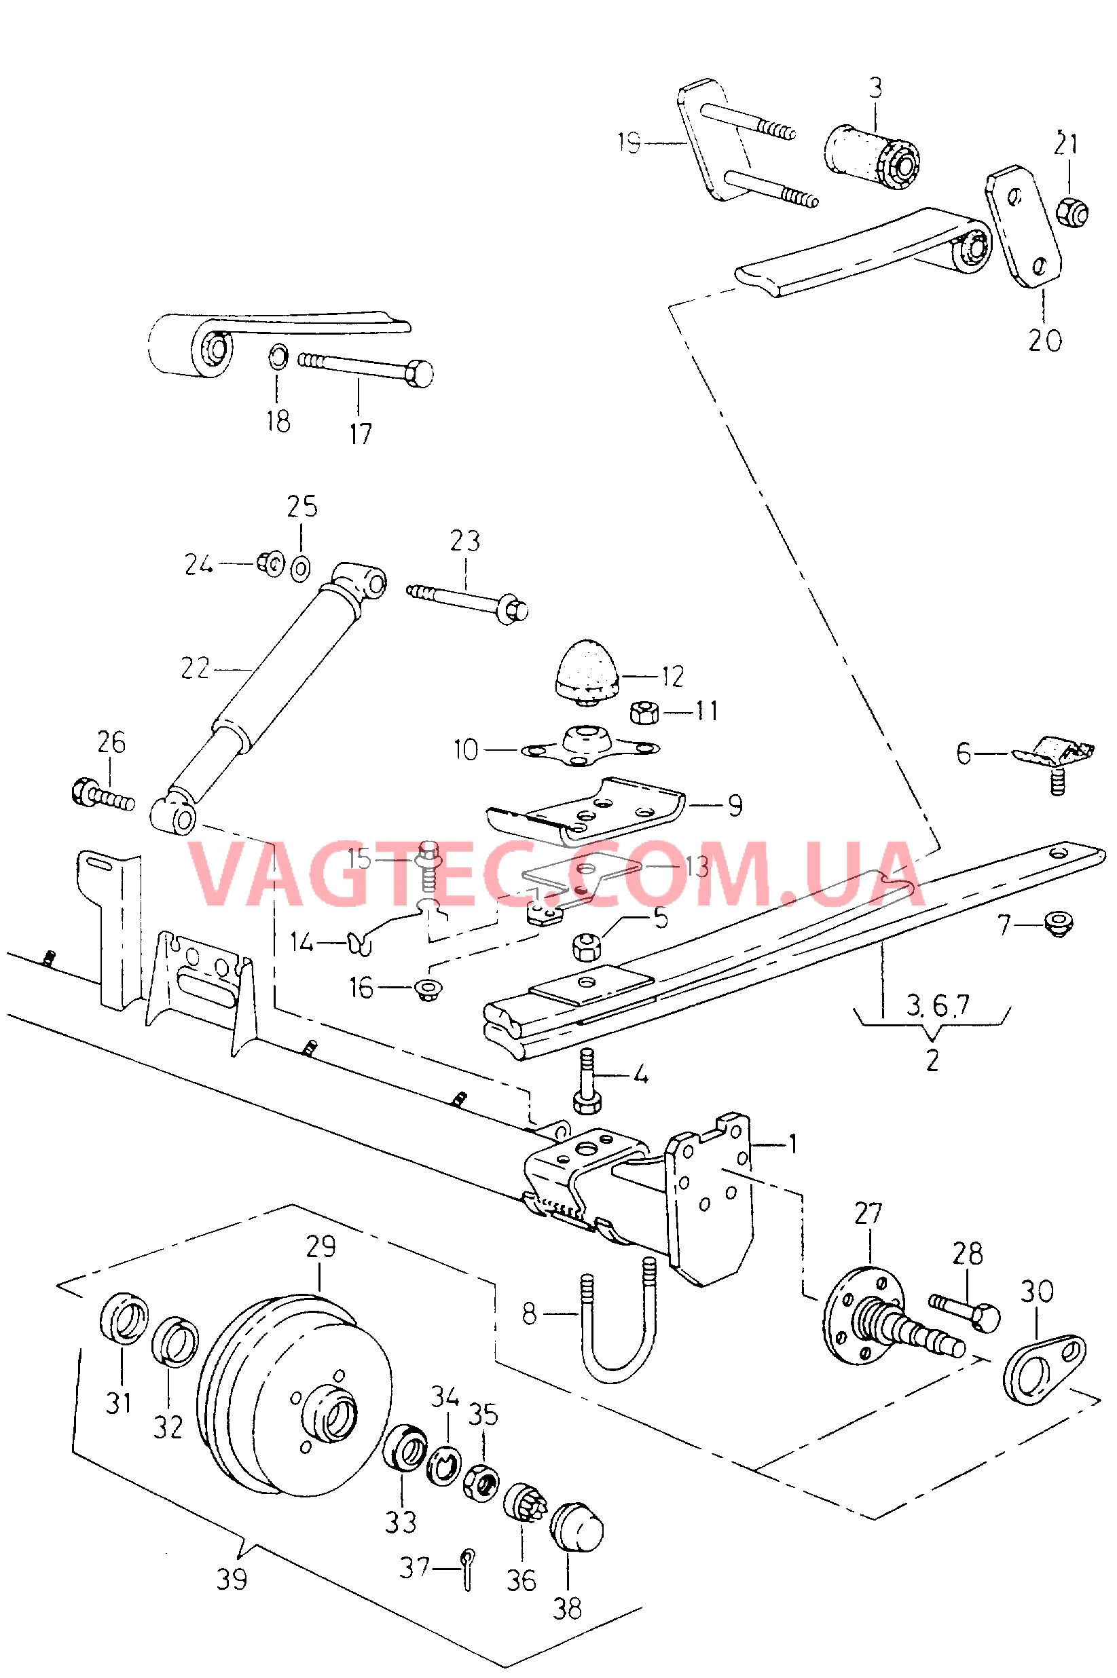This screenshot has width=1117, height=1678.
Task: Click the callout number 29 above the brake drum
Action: [321, 1245]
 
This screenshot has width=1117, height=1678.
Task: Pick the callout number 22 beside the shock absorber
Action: [194, 669]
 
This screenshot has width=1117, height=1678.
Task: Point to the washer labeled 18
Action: [278, 356]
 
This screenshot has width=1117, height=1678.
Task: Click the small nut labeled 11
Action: [644, 711]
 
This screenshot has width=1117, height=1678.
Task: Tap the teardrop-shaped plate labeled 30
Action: [1044, 1370]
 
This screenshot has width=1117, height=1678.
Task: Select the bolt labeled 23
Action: [467, 601]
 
